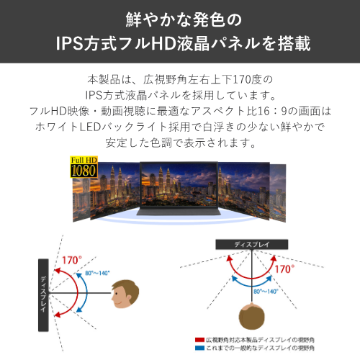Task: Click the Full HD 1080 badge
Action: [x=84, y=167]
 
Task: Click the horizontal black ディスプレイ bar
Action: [x=252, y=245]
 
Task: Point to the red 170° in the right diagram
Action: [x=285, y=269]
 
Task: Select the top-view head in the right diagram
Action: [x=252, y=317]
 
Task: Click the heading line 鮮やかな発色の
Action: [x=180, y=17]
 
